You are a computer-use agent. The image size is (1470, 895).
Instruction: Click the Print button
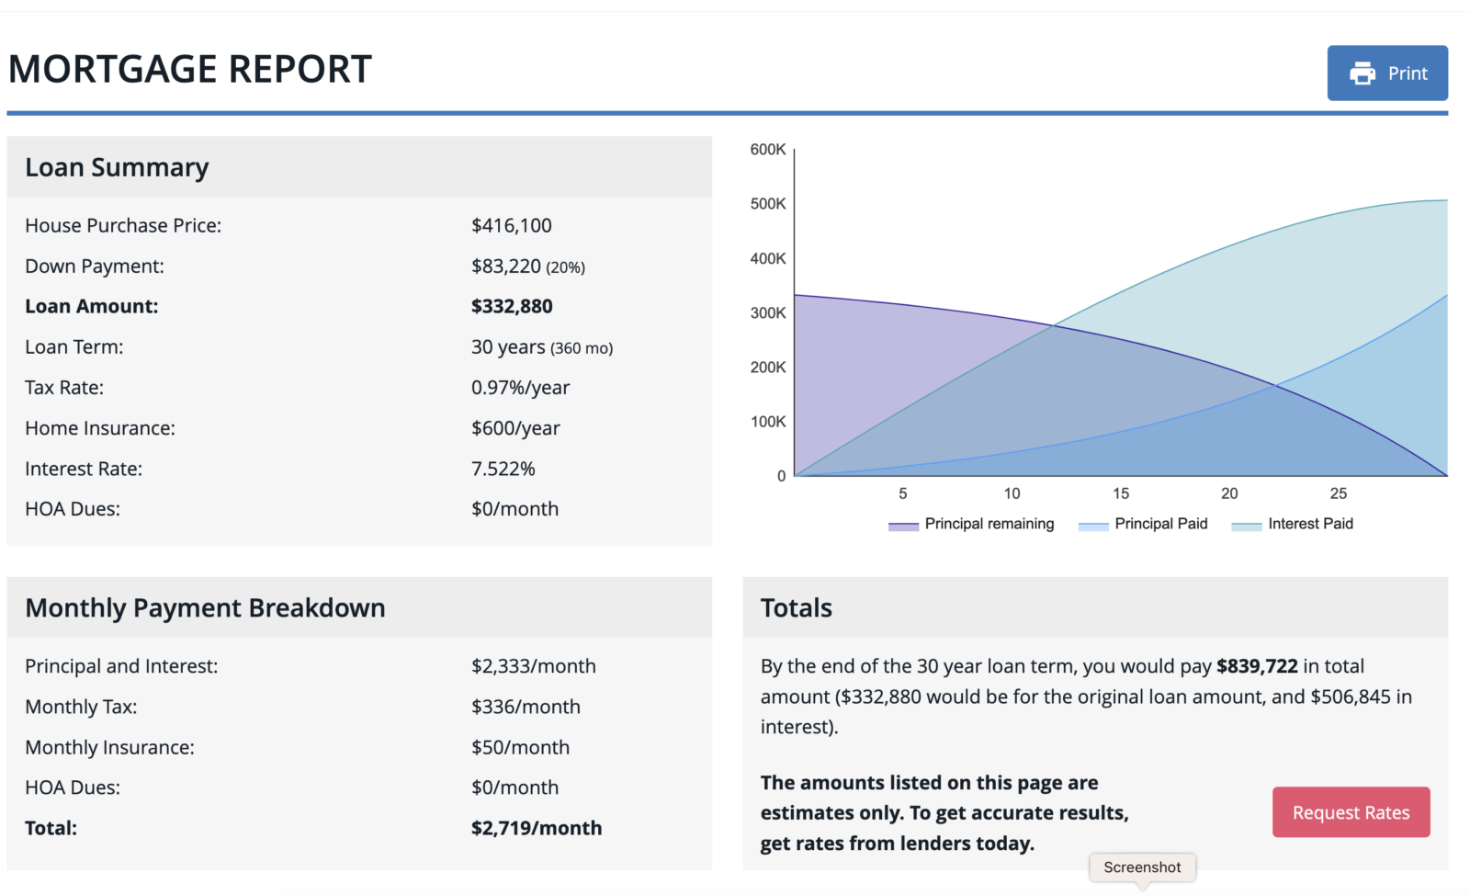(x=1387, y=74)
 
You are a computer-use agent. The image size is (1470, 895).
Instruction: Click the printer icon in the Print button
(x=1363, y=74)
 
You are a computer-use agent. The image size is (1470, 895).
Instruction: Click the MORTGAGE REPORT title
(x=189, y=70)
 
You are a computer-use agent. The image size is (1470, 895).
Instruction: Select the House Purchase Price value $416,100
(x=511, y=226)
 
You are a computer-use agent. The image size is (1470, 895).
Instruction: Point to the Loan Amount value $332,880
(x=512, y=307)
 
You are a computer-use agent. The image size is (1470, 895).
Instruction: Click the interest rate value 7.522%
(x=503, y=469)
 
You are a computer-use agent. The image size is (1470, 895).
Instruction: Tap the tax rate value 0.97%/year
(x=520, y=388)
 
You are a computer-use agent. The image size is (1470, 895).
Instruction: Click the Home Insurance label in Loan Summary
(x=99, y=428)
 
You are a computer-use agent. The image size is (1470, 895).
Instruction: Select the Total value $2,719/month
(x=536, y=828)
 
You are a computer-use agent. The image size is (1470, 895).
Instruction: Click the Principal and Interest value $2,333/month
(x=533, y=666)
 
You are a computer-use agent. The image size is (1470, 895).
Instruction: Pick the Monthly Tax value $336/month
(x=526, y=707)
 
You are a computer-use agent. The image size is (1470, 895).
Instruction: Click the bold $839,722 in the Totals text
(x=1257, y=666)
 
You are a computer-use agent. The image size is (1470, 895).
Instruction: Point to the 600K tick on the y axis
(x=768, y=150)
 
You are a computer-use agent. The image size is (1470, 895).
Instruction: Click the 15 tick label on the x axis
(x=1121, y=493)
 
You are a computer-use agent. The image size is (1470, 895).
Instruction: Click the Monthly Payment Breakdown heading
(x=205, y=608)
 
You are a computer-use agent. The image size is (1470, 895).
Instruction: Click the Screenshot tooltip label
(x=1142, y=867)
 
